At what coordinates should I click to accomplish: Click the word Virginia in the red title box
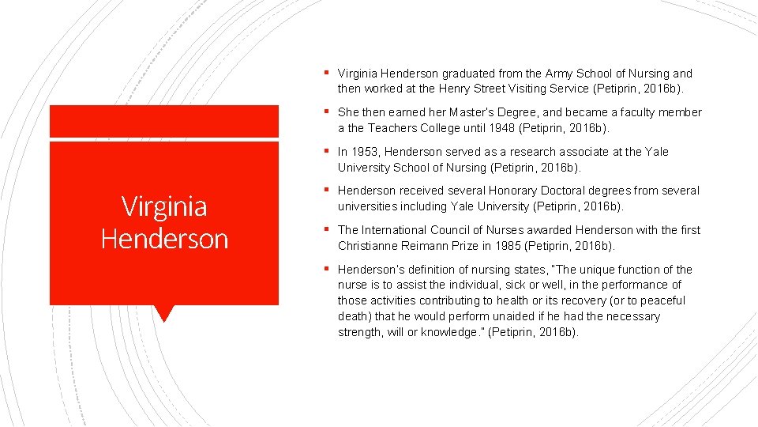(164, 207)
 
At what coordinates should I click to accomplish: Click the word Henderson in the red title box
(164, 239)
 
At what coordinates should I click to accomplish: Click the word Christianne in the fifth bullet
(369, 246)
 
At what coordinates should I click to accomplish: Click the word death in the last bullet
(354, 316)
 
